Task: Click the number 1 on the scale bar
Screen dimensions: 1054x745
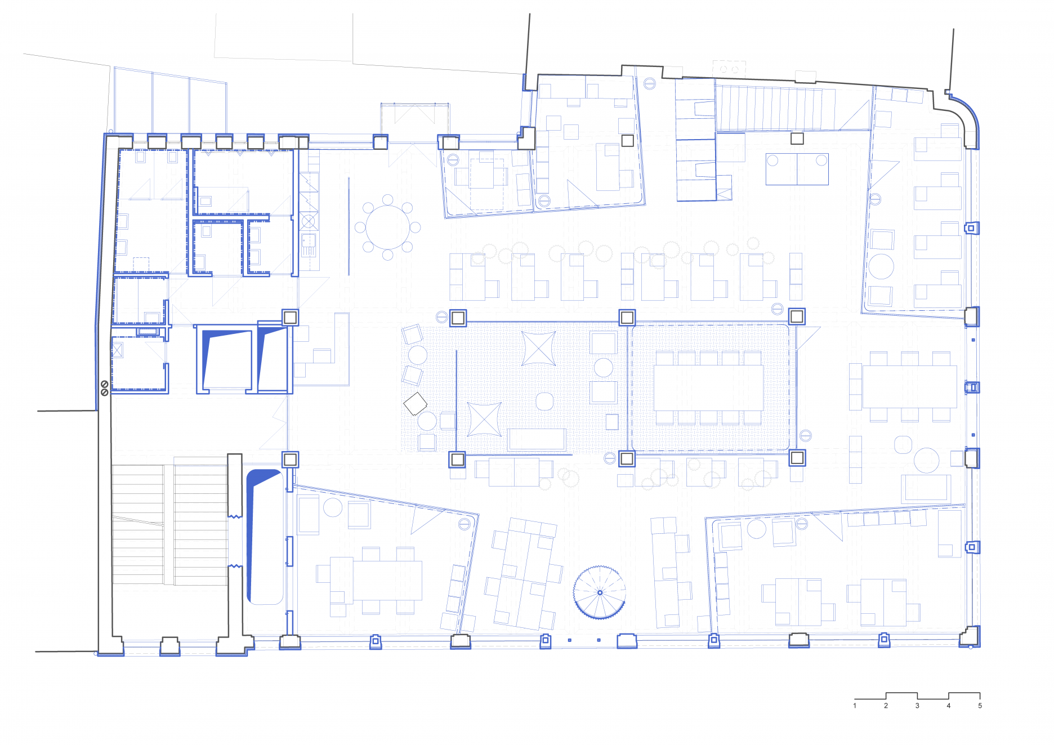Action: point(855,706)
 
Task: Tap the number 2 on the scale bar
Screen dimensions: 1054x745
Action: point(886,706)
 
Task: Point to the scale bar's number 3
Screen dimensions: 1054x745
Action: point(917,706)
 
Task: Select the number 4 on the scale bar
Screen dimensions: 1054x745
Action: point(949,706)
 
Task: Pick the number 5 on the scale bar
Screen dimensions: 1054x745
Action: point(980,706)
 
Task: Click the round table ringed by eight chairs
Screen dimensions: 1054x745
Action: point(388,227)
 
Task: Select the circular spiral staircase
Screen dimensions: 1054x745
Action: point(600,592)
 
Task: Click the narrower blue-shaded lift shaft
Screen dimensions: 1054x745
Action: point(272,359)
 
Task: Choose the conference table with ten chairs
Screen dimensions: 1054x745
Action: point(708,387)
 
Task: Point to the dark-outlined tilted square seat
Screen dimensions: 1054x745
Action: point(416,403)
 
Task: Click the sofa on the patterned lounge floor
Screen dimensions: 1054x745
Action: point(537,440)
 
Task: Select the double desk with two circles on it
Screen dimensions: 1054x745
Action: point(797,169)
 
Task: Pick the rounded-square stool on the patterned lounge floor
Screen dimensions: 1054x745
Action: point(544,402)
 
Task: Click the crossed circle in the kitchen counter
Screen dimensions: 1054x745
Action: point(309,220)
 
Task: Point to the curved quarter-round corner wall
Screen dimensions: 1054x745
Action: point(965,121)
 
